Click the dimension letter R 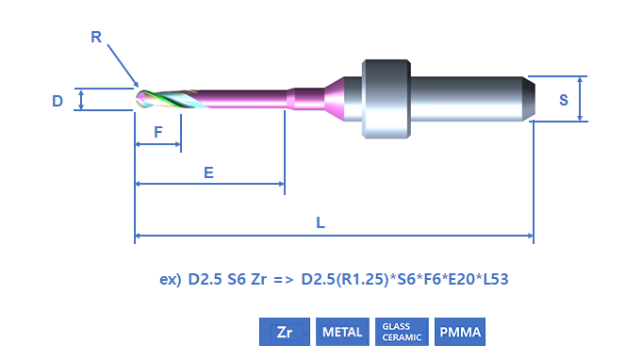tap(96, 37)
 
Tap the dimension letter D tap(58, 101)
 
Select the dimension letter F tap(158, 132)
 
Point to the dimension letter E tap(208, 172)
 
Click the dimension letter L tap(321, 223)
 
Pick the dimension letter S tap(564, 100)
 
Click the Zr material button tap(285, 332)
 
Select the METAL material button tap(342, 332)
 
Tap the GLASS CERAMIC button tap(402, 332)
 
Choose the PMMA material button tap(460, 332)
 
